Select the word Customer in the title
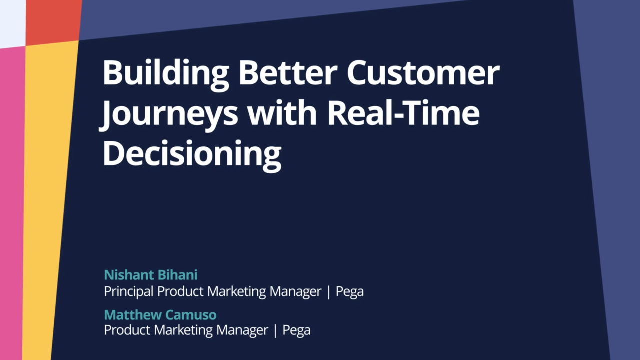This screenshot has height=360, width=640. click(423, 73)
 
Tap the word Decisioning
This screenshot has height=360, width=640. click(192, 155)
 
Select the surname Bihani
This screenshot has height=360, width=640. click(177, 275)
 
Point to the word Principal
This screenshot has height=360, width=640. click(129, 292)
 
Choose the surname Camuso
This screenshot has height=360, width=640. click(191, 315)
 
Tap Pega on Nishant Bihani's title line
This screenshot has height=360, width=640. click(349, 292)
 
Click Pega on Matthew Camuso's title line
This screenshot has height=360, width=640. click(296, 330)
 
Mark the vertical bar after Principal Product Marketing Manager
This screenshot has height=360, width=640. click(328, 292)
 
